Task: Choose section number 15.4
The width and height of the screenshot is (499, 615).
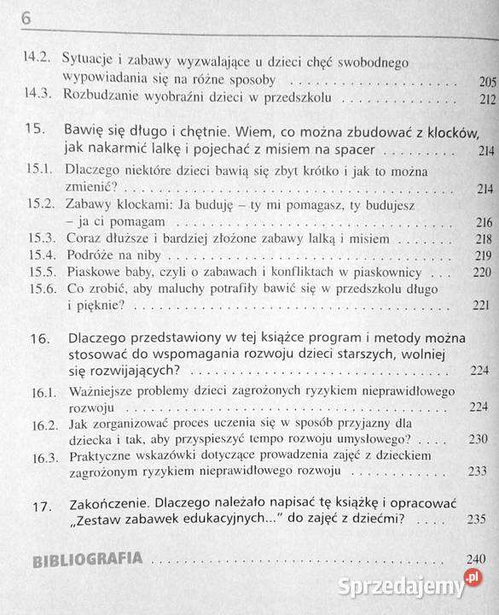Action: (x=40, y=255)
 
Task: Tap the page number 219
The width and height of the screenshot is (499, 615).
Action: (x=483, y=256)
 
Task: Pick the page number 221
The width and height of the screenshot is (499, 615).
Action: (x=483, y=306)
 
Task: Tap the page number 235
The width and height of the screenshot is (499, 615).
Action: (x=485, y=518)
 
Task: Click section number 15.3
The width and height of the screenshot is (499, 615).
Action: (x=40, y=238)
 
